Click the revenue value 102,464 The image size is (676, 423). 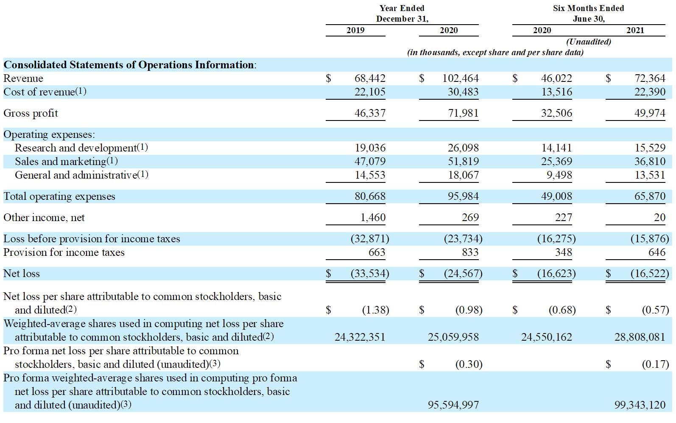pyautogui.click(x=460, y=78)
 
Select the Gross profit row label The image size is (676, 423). pyautogui.click(x=31, y=113)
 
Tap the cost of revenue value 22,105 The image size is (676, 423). pyautogui.click(x=370, y=92)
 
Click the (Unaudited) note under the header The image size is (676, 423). pyautogui.click(x=589, y=41)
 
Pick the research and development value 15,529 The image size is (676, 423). pyautogui.click(x=650, y=148)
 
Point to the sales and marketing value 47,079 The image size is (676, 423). pyautogui.click(x=370, y=161)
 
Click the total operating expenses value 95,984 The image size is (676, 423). pyautogui.click(x=463, y=196)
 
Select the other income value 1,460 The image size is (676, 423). pyautogui.click(x=373, y=217)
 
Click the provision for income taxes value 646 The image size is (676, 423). pyautogui.click(x=656, y=252)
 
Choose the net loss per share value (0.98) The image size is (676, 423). pyautogui.click(x=469, y=310)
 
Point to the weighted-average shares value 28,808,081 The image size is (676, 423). pyautogui.click(x=640, y=337)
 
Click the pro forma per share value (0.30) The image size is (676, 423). pyautogui.click(x=469, y=364)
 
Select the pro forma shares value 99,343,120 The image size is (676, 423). pyautogui.click(x=640, y=405)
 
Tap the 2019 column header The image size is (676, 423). pyautogui.click(x=355, y=30)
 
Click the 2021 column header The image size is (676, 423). pyautogui.click(x=635, y=30)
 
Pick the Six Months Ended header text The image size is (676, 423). pyautogui.click(x=589, y=8)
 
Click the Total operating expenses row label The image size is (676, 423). pyautogui.click(x=59, y=196)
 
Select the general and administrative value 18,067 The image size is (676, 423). pyautogui.click(x=463, y=175)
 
